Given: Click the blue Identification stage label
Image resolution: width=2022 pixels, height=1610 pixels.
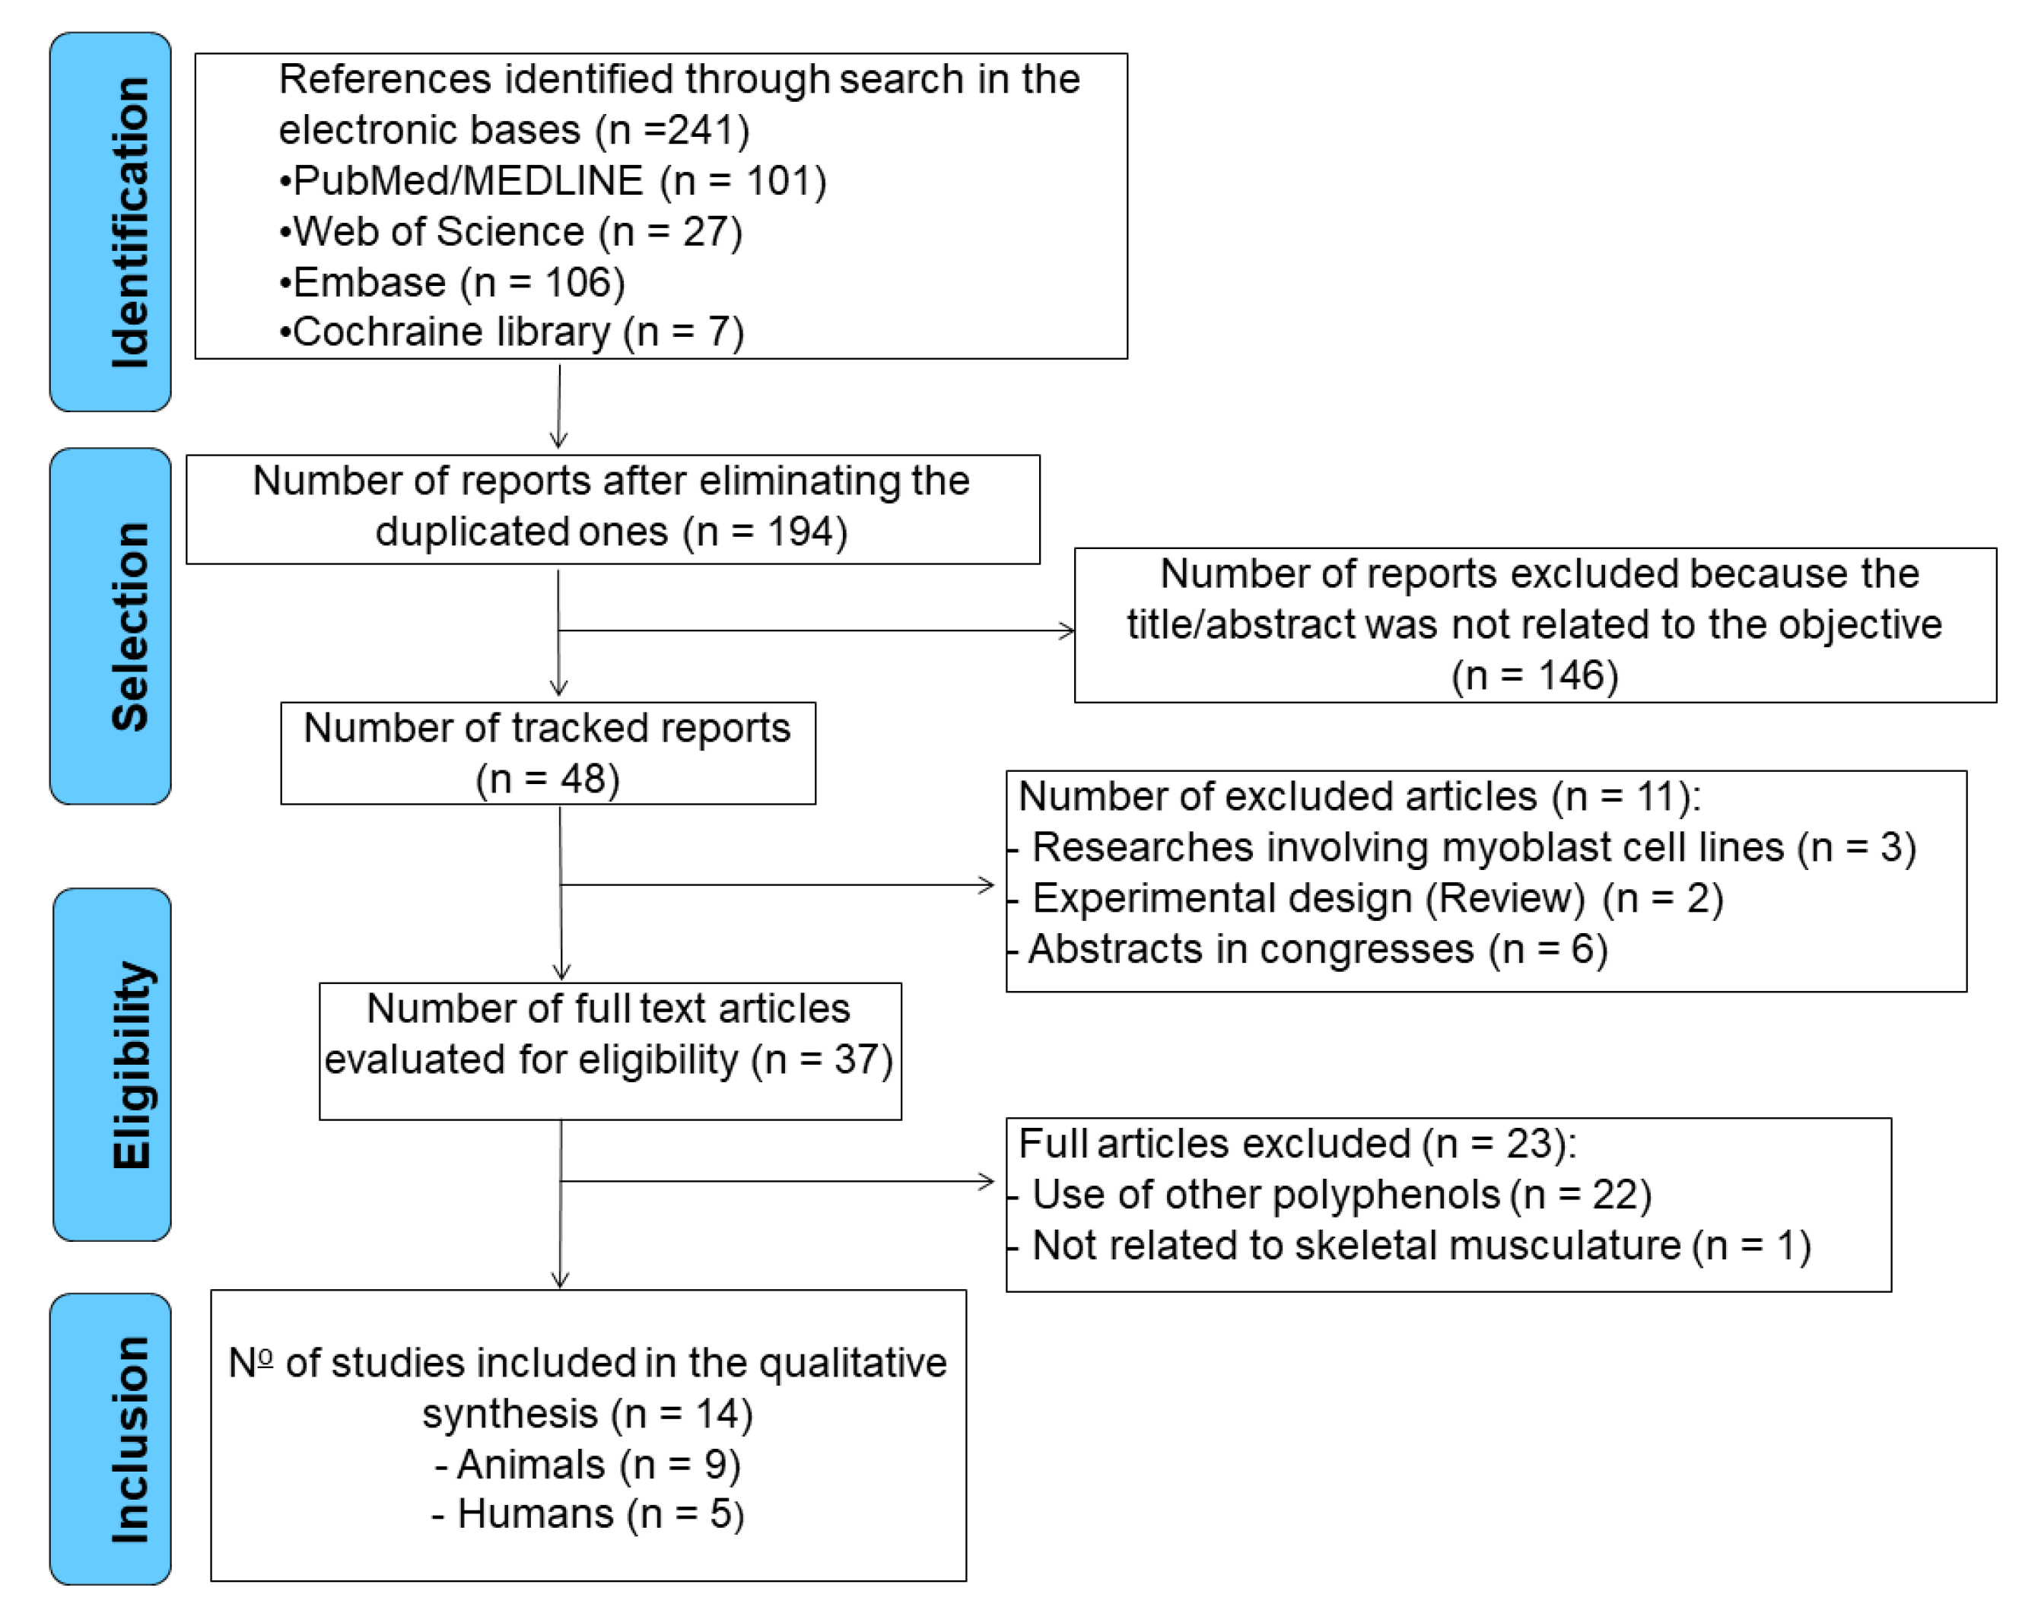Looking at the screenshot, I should tap(110, 222).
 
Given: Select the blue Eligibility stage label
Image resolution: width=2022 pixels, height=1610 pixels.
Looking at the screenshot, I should tap(113, 1064).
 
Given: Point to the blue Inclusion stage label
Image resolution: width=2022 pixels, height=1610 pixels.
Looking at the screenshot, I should tap(110, 1440).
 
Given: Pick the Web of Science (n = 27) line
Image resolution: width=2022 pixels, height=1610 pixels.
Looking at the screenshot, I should tap(511, 232).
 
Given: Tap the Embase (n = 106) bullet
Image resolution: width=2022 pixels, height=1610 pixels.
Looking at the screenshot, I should tap(453, 282).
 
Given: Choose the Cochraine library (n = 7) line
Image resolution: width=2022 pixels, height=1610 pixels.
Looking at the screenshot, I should tap(512, 332).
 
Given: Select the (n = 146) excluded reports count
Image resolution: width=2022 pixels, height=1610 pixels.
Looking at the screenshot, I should tap(1534, 675).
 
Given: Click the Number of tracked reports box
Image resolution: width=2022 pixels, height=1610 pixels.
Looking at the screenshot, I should tap(548, 753).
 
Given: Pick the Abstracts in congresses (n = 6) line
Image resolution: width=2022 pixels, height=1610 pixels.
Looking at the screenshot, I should tap(1318, 949).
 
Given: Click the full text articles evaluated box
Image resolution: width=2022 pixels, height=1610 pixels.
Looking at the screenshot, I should tap(609, 1050).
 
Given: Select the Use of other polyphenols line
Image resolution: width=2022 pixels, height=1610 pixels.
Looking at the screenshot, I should tap(1341, 1195).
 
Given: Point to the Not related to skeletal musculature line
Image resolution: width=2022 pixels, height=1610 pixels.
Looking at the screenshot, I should tap(1421, 1245).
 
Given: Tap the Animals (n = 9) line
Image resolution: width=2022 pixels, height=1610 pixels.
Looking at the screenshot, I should tap(588, 1465).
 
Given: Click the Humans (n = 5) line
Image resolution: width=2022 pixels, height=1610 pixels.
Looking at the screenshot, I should tap(588, 1514).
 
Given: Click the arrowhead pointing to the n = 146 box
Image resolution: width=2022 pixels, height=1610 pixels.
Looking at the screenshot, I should tap(1067, 630).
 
